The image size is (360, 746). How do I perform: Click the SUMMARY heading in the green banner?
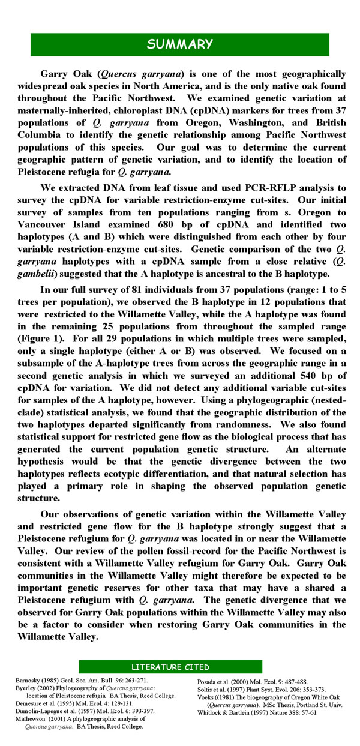click(180, 44)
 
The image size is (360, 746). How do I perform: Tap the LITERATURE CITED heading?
click(170, 667)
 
